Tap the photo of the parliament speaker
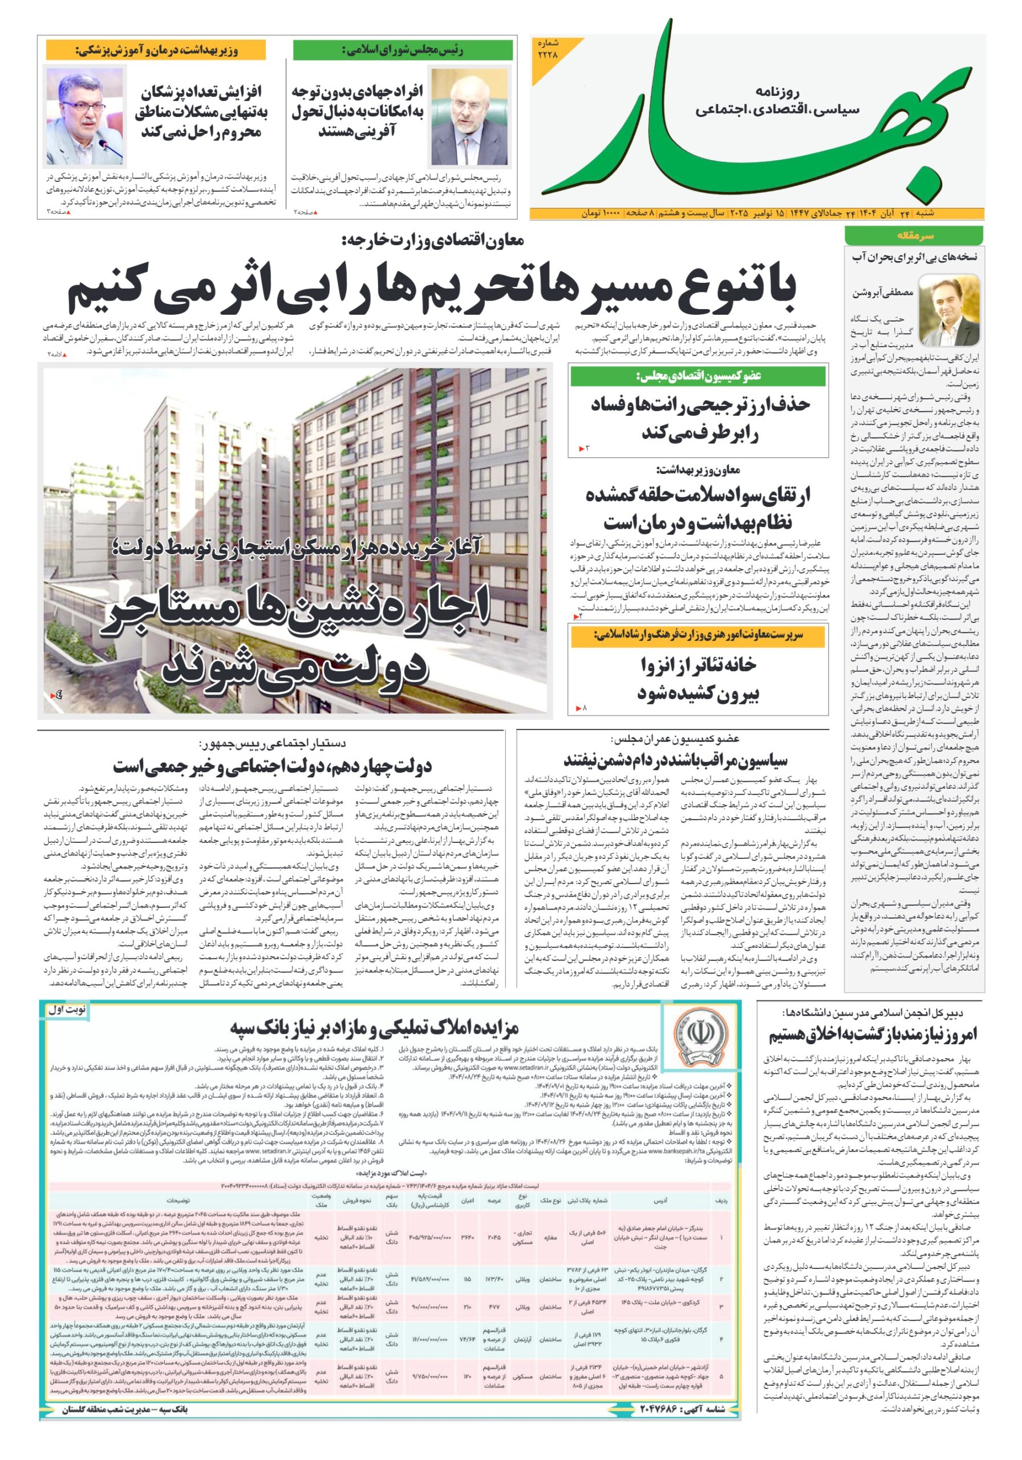coord(469,117)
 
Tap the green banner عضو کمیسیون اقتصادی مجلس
coord(698,376)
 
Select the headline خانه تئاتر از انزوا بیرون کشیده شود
coord(698,679)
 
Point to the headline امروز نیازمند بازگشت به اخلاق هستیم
coord(873,1035)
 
